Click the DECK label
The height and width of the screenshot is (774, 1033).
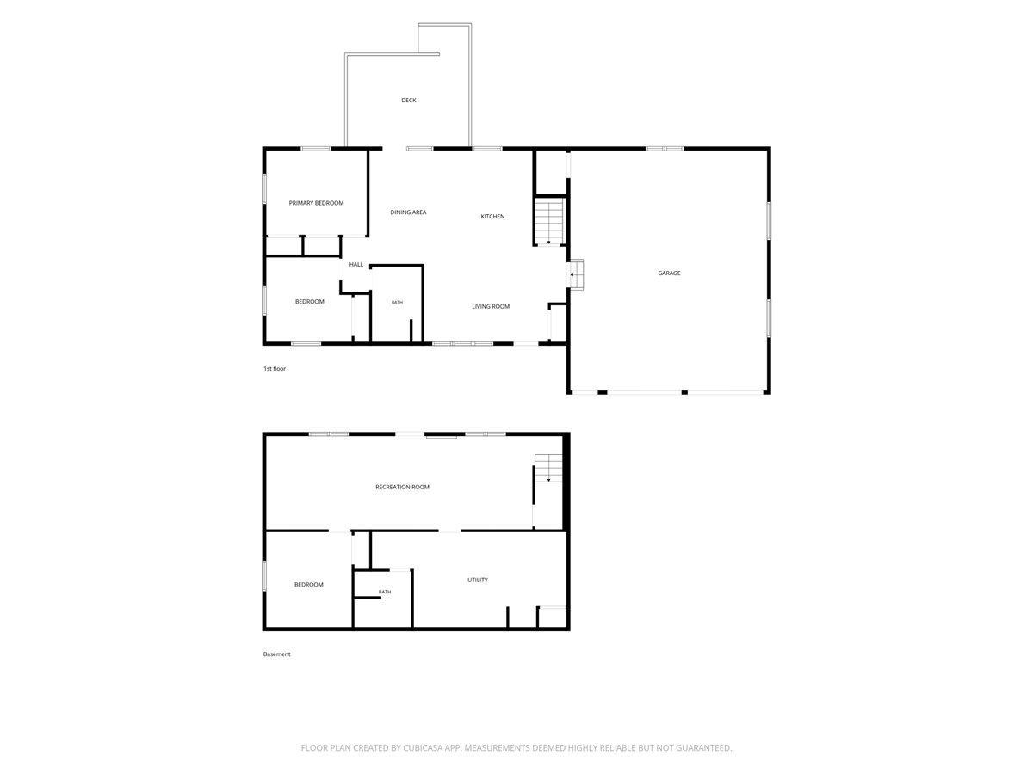[408, 100]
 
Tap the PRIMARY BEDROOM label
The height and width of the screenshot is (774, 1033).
[316, 203]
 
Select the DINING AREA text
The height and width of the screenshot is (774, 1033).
[408, 212]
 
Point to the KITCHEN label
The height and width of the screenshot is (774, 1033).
[492, 217]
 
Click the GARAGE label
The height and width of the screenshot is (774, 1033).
[669, 273]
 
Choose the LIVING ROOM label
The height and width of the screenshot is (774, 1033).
[491, 306]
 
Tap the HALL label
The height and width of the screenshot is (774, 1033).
[356, 265]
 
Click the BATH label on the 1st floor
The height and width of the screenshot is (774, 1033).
[397, 302]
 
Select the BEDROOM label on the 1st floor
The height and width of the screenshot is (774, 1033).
[309, 302]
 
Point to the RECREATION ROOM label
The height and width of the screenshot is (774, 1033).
[402, 488]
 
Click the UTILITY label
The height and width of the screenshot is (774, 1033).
[477, 580]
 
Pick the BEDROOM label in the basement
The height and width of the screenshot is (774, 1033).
[308, 585]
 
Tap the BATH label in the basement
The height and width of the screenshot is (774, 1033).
[385, 592]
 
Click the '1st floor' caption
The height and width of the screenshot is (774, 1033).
[275, 368]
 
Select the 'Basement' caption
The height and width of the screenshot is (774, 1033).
[276, 654]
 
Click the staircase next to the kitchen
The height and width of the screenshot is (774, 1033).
[548, 221]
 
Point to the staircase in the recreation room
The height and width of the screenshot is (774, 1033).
[548, 468]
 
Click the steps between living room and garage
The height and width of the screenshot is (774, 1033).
[575, 273]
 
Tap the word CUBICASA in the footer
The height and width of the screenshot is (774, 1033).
[423, 747]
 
